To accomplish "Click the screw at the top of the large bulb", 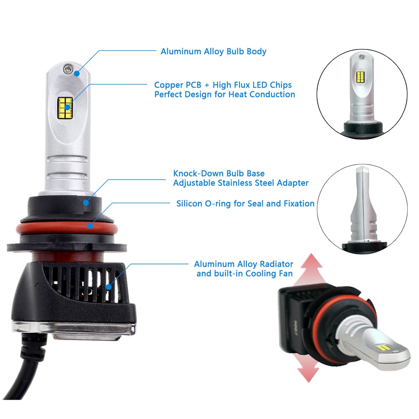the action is (68, 69).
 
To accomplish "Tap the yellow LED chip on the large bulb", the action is (65, 108).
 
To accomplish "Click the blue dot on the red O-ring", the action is (91, 226).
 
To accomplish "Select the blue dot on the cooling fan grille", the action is (109, 287).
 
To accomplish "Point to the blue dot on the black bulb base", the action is (86, 202).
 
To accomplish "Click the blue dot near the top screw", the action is (77, 73).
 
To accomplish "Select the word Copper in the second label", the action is (168, 85).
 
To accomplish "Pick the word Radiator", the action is (277, 264).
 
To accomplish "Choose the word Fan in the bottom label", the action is (287, 274).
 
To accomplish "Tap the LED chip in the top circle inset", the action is (360, 77).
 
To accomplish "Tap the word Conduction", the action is (272, 95).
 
